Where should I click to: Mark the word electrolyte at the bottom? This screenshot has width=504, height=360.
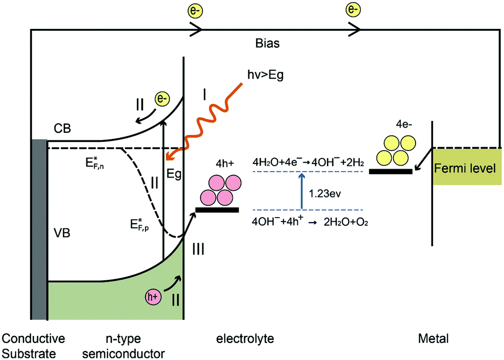(245, 339)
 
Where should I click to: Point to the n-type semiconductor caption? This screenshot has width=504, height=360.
(134, 345)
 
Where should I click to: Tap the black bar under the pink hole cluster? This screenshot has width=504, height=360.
(217, 209)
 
